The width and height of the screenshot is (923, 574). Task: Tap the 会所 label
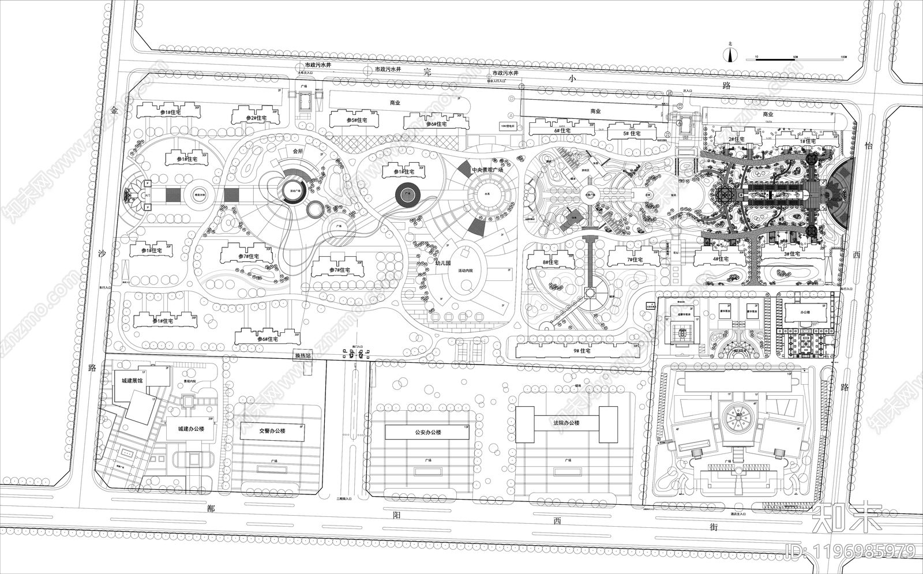coord(298,151)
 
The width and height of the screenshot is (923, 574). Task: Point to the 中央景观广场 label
coord(487,170)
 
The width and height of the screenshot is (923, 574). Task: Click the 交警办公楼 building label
coord(272,430)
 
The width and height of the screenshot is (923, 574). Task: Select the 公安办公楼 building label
coord(427,432)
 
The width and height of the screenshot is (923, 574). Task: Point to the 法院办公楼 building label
coord(565,423)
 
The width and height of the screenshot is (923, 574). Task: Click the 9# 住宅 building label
coord(579,351)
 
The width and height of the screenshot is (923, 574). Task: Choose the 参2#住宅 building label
coord(256,118)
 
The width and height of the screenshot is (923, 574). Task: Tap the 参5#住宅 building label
coord(357,120)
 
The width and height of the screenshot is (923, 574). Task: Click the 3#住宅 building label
coord(791,254)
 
